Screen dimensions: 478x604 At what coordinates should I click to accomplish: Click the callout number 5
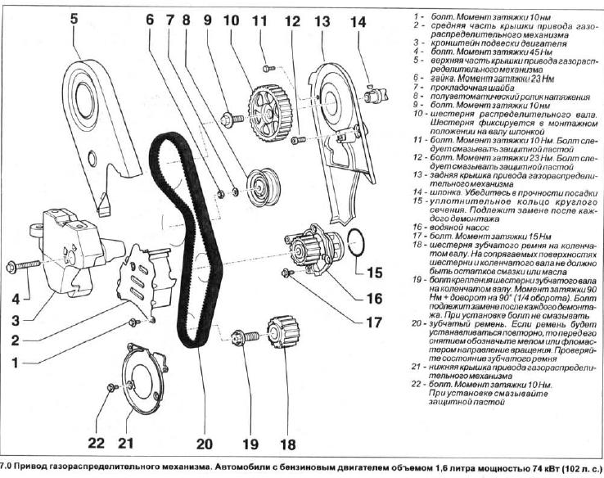coord(74,18)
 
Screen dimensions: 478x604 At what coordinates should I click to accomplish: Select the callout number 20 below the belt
coord(204,444)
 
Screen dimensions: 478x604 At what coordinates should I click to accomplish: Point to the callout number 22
coord(97,443)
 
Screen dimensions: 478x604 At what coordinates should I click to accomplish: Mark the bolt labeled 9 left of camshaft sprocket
coord(232,119)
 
